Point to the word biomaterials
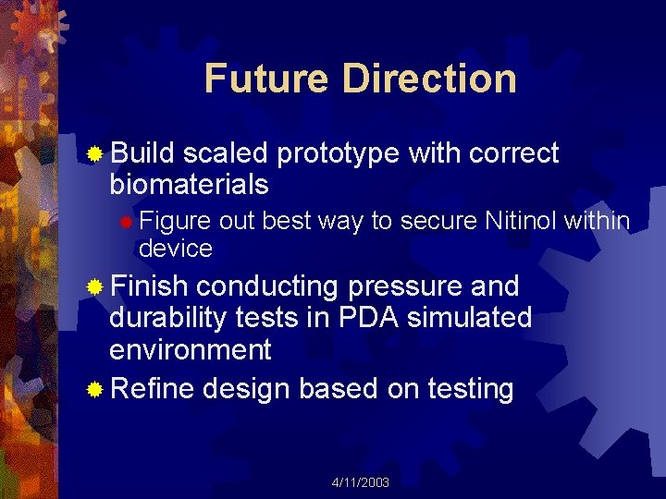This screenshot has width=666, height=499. [x=189, y=185]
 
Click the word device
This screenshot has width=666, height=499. [x=175, y=249]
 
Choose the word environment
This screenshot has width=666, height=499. [x=190, y=349]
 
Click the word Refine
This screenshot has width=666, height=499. [x=152, y=389]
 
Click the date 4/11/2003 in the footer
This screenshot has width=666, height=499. [x=361, y=482]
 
